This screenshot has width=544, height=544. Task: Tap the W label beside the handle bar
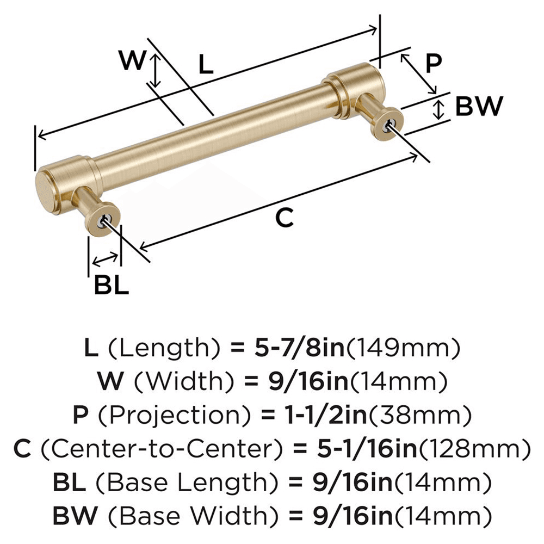(132, 60)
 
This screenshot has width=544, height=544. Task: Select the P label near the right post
(433, 64)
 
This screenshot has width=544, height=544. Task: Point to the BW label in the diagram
(478, 107)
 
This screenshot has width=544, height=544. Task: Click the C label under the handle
(284, 218)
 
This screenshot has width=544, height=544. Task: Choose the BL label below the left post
(112, 285)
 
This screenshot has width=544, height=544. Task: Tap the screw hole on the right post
(387, 125)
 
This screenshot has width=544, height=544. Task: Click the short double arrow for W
(156, 70)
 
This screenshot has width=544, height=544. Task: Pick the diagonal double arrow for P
(419, 73)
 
